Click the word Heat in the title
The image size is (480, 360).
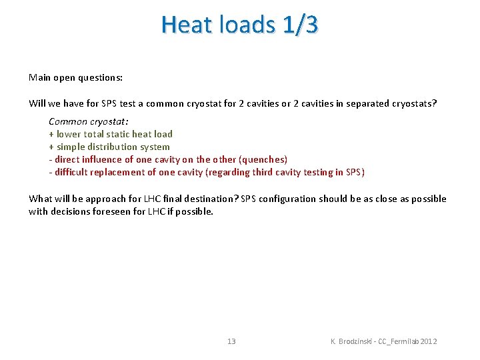pos(187,25)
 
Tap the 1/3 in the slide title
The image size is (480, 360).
pos(300,25)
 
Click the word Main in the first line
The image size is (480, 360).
pos(40,77)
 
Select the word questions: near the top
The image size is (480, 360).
pos(100,77)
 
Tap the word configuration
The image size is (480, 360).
pos(289,199)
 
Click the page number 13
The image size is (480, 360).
pos(231,341)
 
